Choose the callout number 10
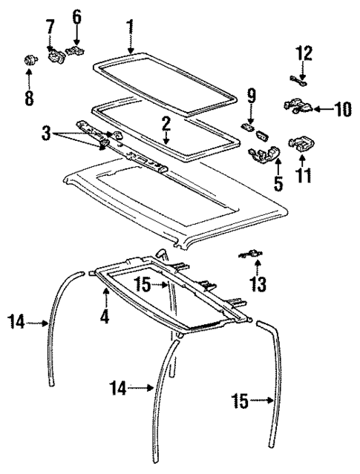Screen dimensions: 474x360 [341, 110]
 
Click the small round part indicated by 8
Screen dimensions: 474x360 [30, 61]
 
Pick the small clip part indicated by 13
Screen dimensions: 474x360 [252, 254]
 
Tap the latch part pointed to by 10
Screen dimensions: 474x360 [297, 108]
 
